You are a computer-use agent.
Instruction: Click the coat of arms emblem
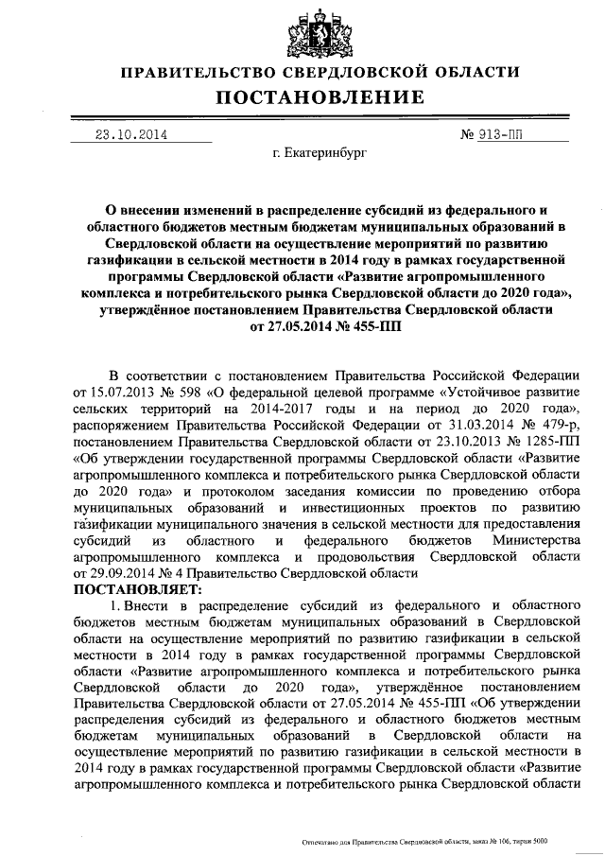(x=302, y=30)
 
